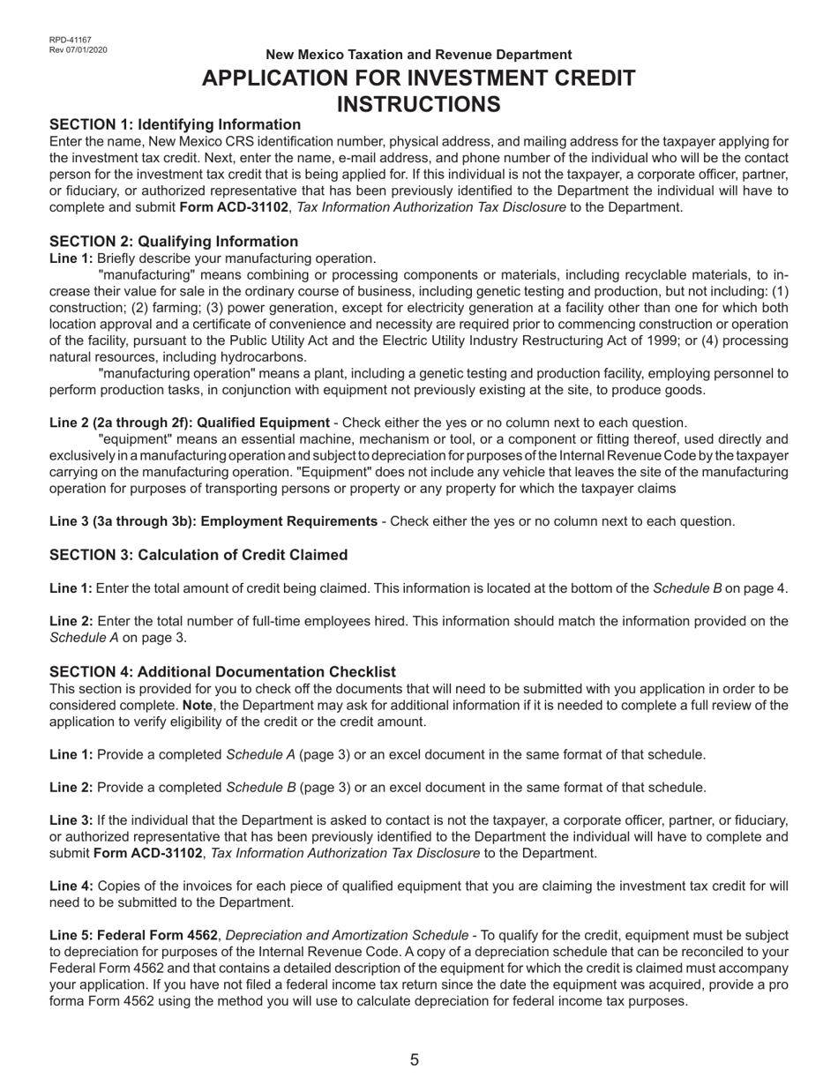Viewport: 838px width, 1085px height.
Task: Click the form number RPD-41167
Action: coord(70,40)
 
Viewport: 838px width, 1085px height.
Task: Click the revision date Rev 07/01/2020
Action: coord(79,49)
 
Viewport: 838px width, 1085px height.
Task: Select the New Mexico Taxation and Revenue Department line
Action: coord(418,55)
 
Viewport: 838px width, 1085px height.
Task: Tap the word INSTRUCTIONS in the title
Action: coord(418,104)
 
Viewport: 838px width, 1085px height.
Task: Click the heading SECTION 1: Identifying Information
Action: coord(175,124)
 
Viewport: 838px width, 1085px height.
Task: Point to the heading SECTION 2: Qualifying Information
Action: coord(174,242)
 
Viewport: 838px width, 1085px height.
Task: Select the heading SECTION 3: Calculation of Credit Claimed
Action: coord(198,555)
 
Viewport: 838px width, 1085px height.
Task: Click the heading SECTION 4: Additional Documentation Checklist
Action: coord(222,672)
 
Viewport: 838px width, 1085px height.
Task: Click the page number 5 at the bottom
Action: coord(415,1060)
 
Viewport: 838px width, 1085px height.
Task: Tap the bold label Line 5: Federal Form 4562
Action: coord(133,935)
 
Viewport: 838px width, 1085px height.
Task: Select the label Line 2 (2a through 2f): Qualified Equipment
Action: coord(190,423)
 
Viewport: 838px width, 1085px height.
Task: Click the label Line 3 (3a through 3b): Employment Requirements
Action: coord(213,521)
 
